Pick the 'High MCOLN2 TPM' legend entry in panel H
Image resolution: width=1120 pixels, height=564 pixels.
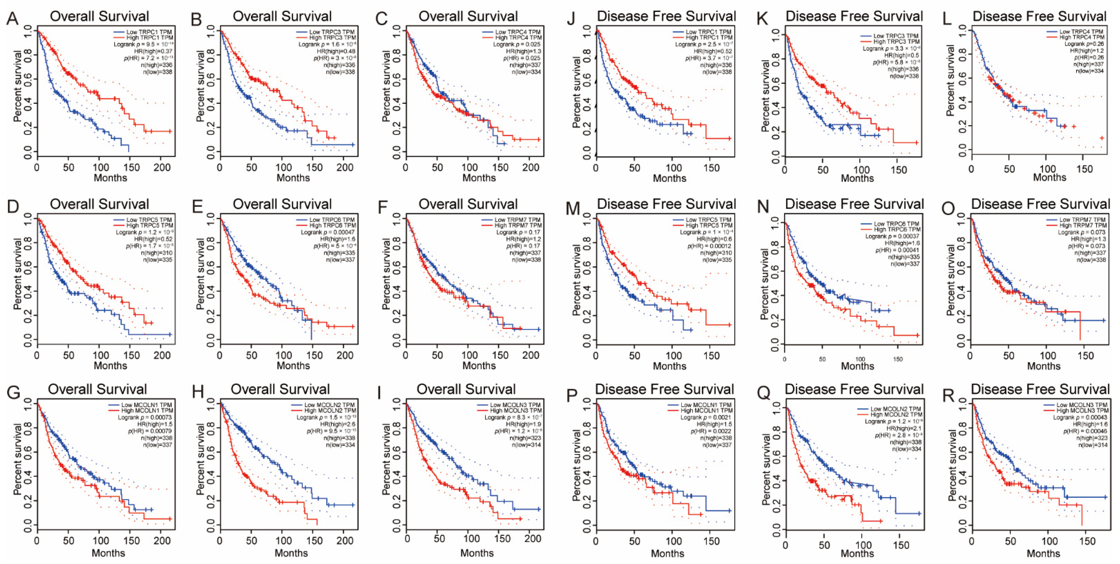pos(330,410)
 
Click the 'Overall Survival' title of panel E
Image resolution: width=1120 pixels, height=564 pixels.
pos(282,204)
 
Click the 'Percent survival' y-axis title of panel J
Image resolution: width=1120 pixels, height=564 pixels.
pos(577,92)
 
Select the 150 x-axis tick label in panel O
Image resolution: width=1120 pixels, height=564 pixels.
pos(1085,356)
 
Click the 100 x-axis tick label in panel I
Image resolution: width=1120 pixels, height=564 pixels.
pos(471,539)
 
